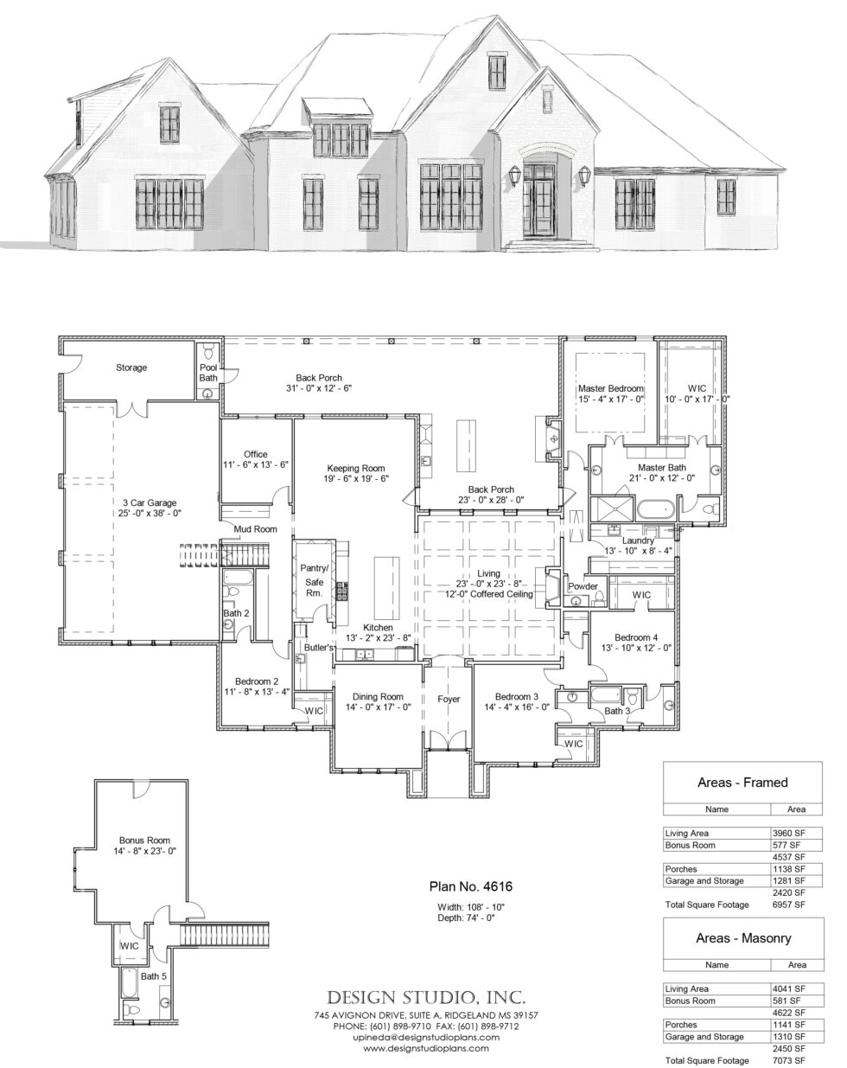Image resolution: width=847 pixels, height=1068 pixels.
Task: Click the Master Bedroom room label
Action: pyautogui.click(x=611, y=390)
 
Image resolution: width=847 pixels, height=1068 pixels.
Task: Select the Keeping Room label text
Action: pyautogui.click(x=355, y=468)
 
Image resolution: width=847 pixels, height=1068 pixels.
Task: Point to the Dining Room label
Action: pyautogui.click(x=378, y=697)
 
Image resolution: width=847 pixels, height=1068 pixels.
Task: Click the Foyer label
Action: pyautogui.click(x=448, y=699)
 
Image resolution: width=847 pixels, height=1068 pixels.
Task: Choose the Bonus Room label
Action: pyautogui.click(x=144, y=840)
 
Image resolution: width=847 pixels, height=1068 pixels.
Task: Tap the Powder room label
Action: pyautogui.click(x=583, y=586)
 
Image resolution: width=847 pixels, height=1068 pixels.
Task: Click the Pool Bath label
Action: pyautogui.click(x=208, y=372)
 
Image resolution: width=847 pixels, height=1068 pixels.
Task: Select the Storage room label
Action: pyautogui.click(x=131, y=368)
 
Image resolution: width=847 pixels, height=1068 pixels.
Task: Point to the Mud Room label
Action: pyautogui.click(x=255, y=528)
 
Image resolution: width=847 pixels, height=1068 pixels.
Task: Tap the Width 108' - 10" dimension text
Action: pyautogui.click(x=470, y=906)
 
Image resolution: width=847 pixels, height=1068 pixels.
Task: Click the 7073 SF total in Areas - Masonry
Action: pyautogui.click(x=789, y=1060)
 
